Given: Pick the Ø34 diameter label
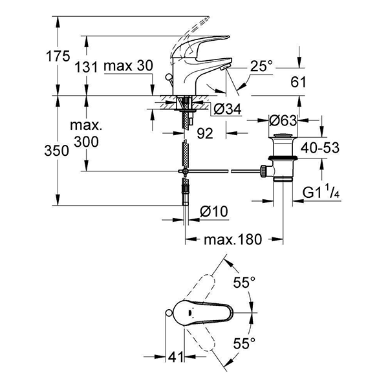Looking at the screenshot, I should [x=226, y=110].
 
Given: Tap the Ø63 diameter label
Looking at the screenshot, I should [x=282, y=120].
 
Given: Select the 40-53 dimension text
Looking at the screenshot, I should [x=322, y=147].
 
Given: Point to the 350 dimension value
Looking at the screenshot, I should [x=58, y=151].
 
